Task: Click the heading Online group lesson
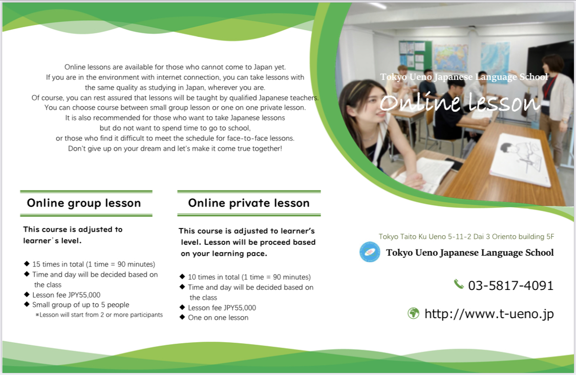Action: point(84,203)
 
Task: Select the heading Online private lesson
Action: point(249,203)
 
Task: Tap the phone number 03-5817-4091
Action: point(510,286)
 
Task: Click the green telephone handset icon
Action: point(459,284)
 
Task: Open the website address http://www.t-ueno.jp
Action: point(489,314)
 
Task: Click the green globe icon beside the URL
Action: point(414,313)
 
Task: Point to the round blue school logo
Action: point(370,252)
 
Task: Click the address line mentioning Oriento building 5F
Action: point(466,236)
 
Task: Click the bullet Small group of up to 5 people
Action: point(81,305)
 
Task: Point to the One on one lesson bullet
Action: point(218,318)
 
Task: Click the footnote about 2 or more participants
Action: point(99,315)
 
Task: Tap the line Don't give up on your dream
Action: point(175,149)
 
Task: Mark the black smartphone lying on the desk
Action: point(453,164)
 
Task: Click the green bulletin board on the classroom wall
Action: point(415,55)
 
